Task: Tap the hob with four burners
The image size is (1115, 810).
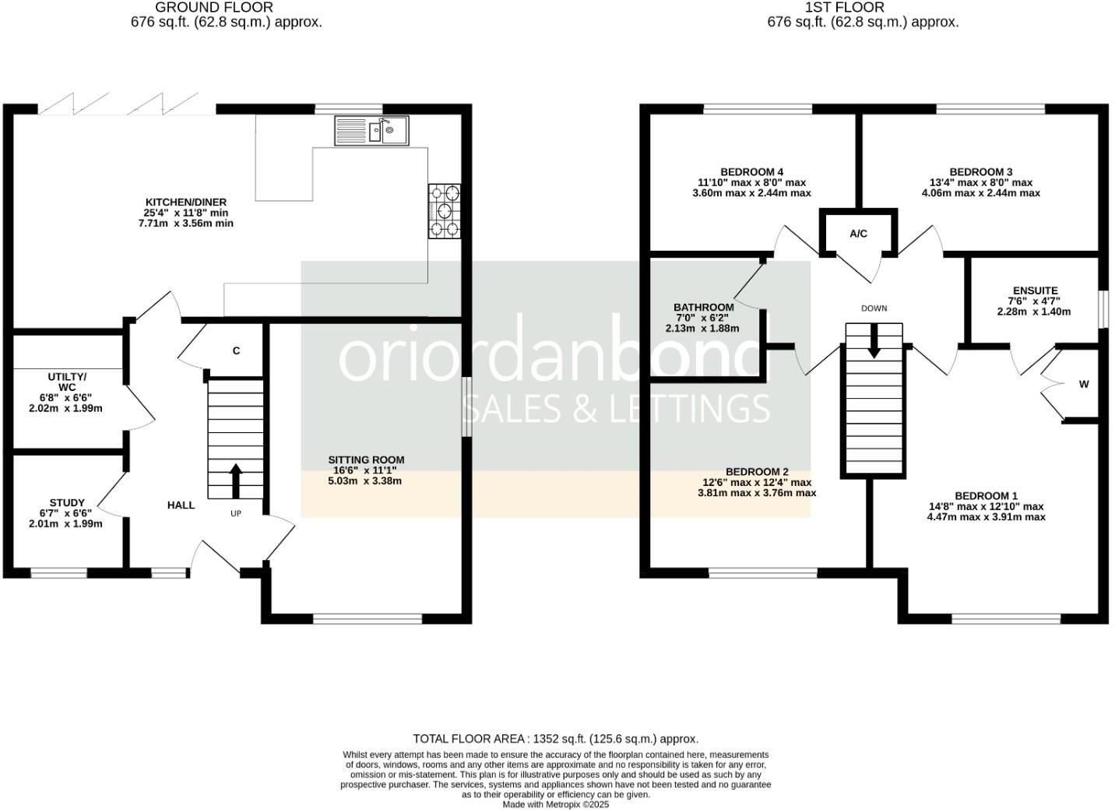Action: (444, 210)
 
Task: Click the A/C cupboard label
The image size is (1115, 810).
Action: (858, 234)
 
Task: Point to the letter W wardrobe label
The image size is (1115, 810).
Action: (1083, 384)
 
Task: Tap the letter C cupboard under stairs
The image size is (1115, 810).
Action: (236, 350)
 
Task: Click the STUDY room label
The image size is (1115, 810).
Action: (67, 503)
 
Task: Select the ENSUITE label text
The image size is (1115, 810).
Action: (1035, 291)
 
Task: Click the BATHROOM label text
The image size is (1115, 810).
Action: (703, 308)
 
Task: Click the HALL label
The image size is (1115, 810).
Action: (181, 505)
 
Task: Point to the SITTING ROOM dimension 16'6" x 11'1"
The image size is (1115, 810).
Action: (365, 470)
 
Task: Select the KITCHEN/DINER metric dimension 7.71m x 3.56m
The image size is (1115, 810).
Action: (185, 224)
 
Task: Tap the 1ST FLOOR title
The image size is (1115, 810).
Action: (863, 8)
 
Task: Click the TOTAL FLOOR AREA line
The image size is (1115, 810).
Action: (555, 738)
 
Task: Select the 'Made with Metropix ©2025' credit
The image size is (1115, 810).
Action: (555, 805)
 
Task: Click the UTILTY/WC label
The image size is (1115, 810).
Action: (67, 382)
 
